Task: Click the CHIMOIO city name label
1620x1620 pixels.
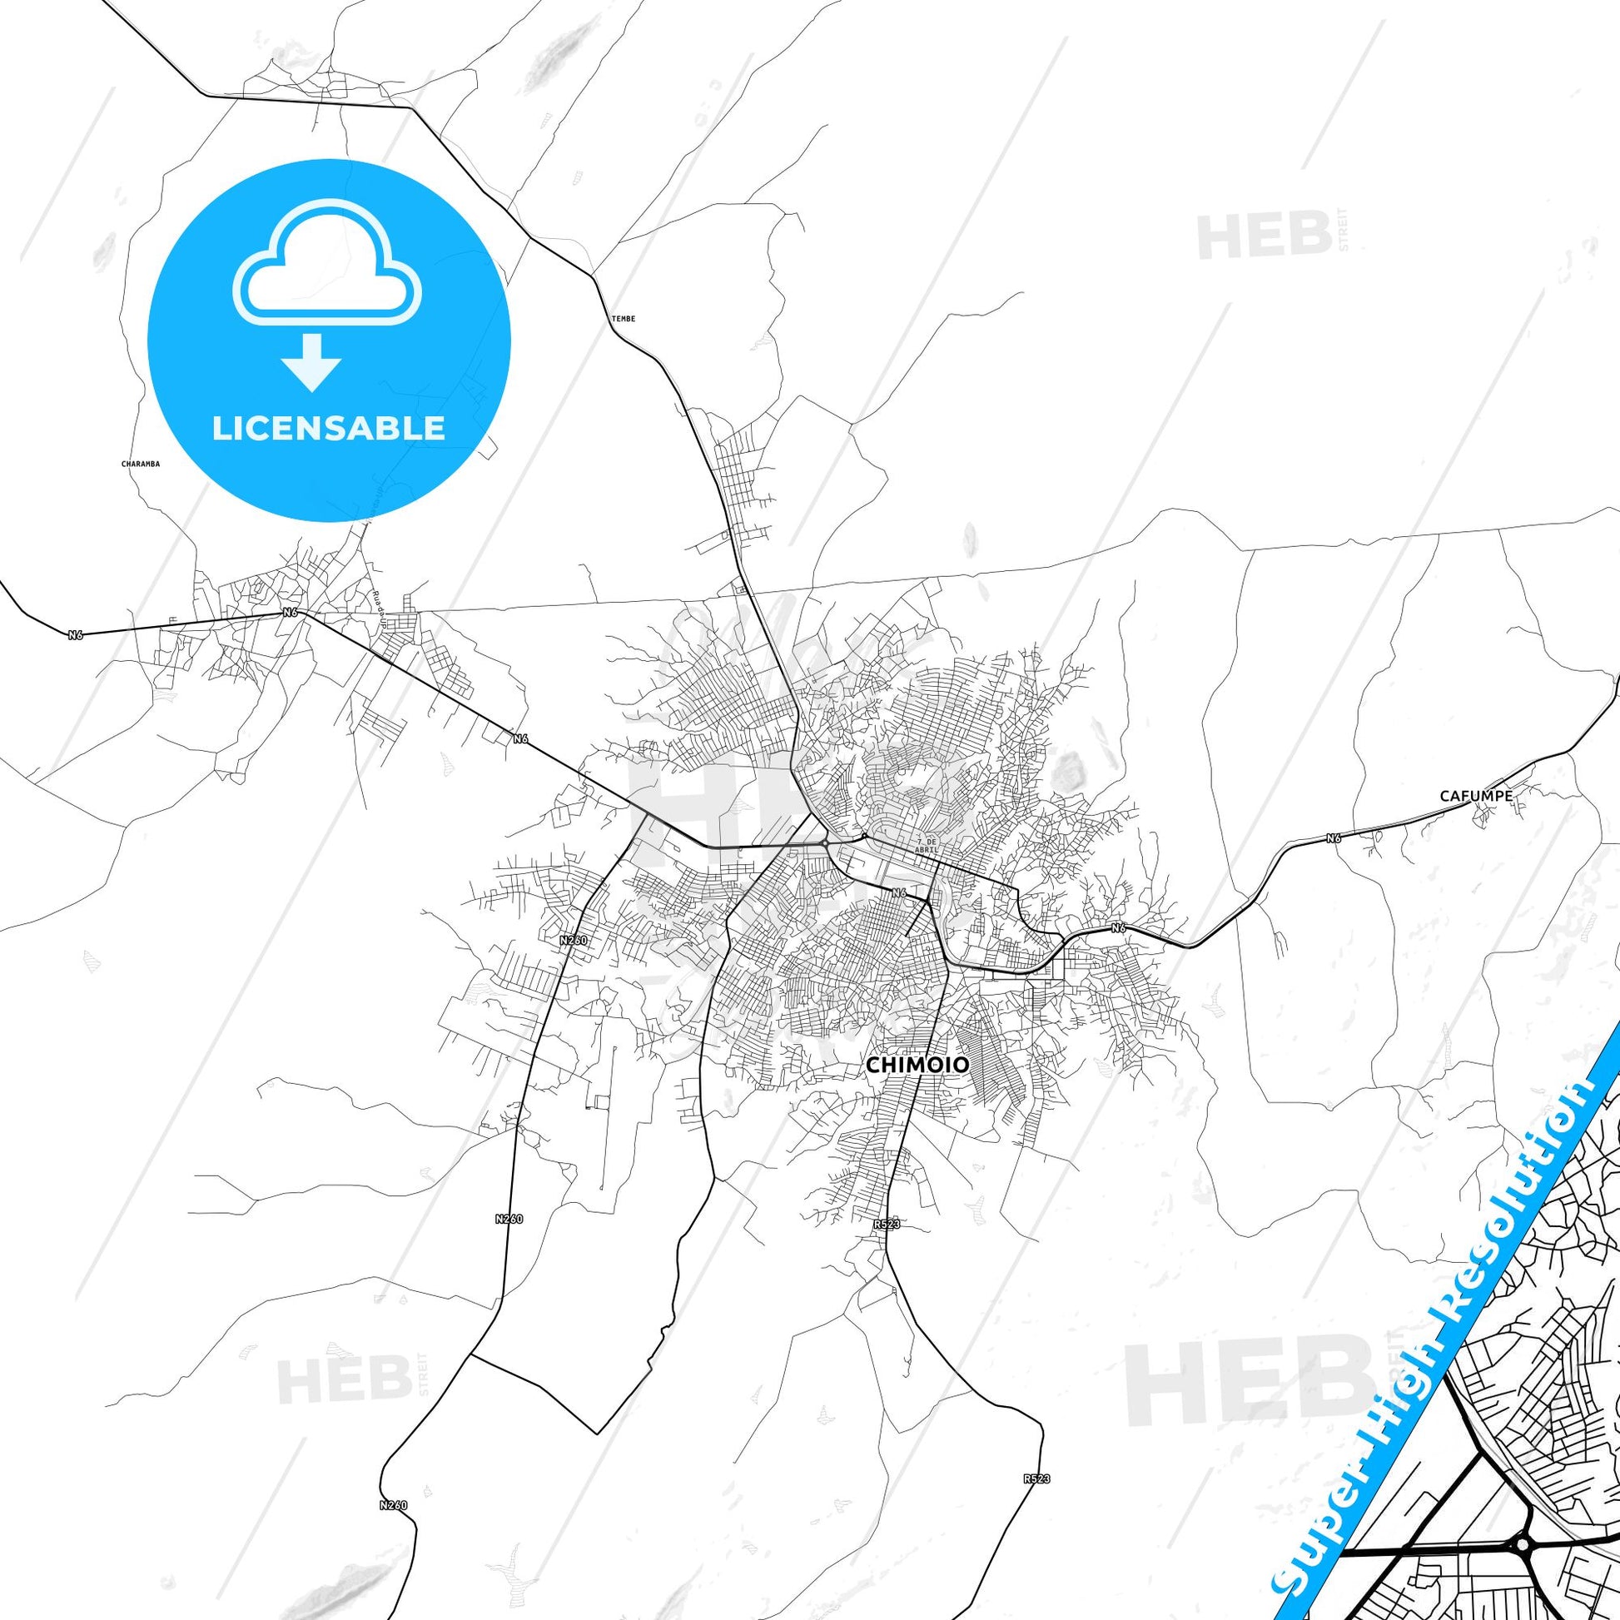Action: tap(917, 1065)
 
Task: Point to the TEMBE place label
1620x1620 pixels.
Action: tap(623, 319)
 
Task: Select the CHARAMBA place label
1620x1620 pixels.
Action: tap(140, 463)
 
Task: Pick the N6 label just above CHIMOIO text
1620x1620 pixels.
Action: tap(900, 893)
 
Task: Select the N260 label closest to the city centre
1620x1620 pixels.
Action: tap(574, 941)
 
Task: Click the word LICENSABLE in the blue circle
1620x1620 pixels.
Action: tap(328, 428)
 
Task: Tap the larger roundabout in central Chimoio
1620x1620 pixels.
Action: tap(825, 842)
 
